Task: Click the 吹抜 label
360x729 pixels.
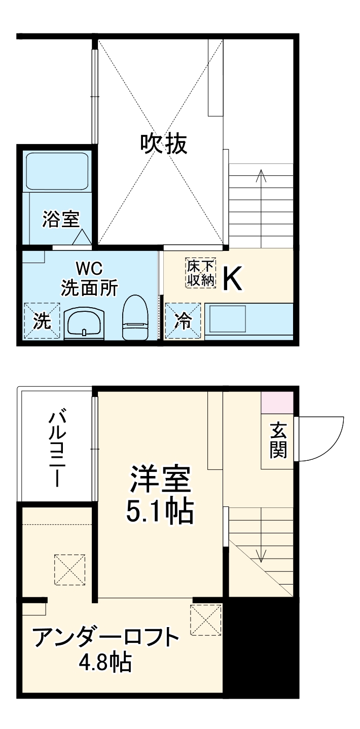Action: pos(164,144)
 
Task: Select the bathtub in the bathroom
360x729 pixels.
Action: pos(57,171)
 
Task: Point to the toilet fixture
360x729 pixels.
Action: pos(134,317)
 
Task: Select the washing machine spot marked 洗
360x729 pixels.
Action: pos(42,321)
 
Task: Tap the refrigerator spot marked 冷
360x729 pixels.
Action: pos(183,320)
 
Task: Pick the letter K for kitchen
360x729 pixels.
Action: pos(233,278)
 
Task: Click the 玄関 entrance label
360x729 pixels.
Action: pos(278,440)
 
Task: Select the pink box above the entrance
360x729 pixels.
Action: pos(277,403)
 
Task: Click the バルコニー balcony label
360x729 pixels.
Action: pos(56,449)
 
